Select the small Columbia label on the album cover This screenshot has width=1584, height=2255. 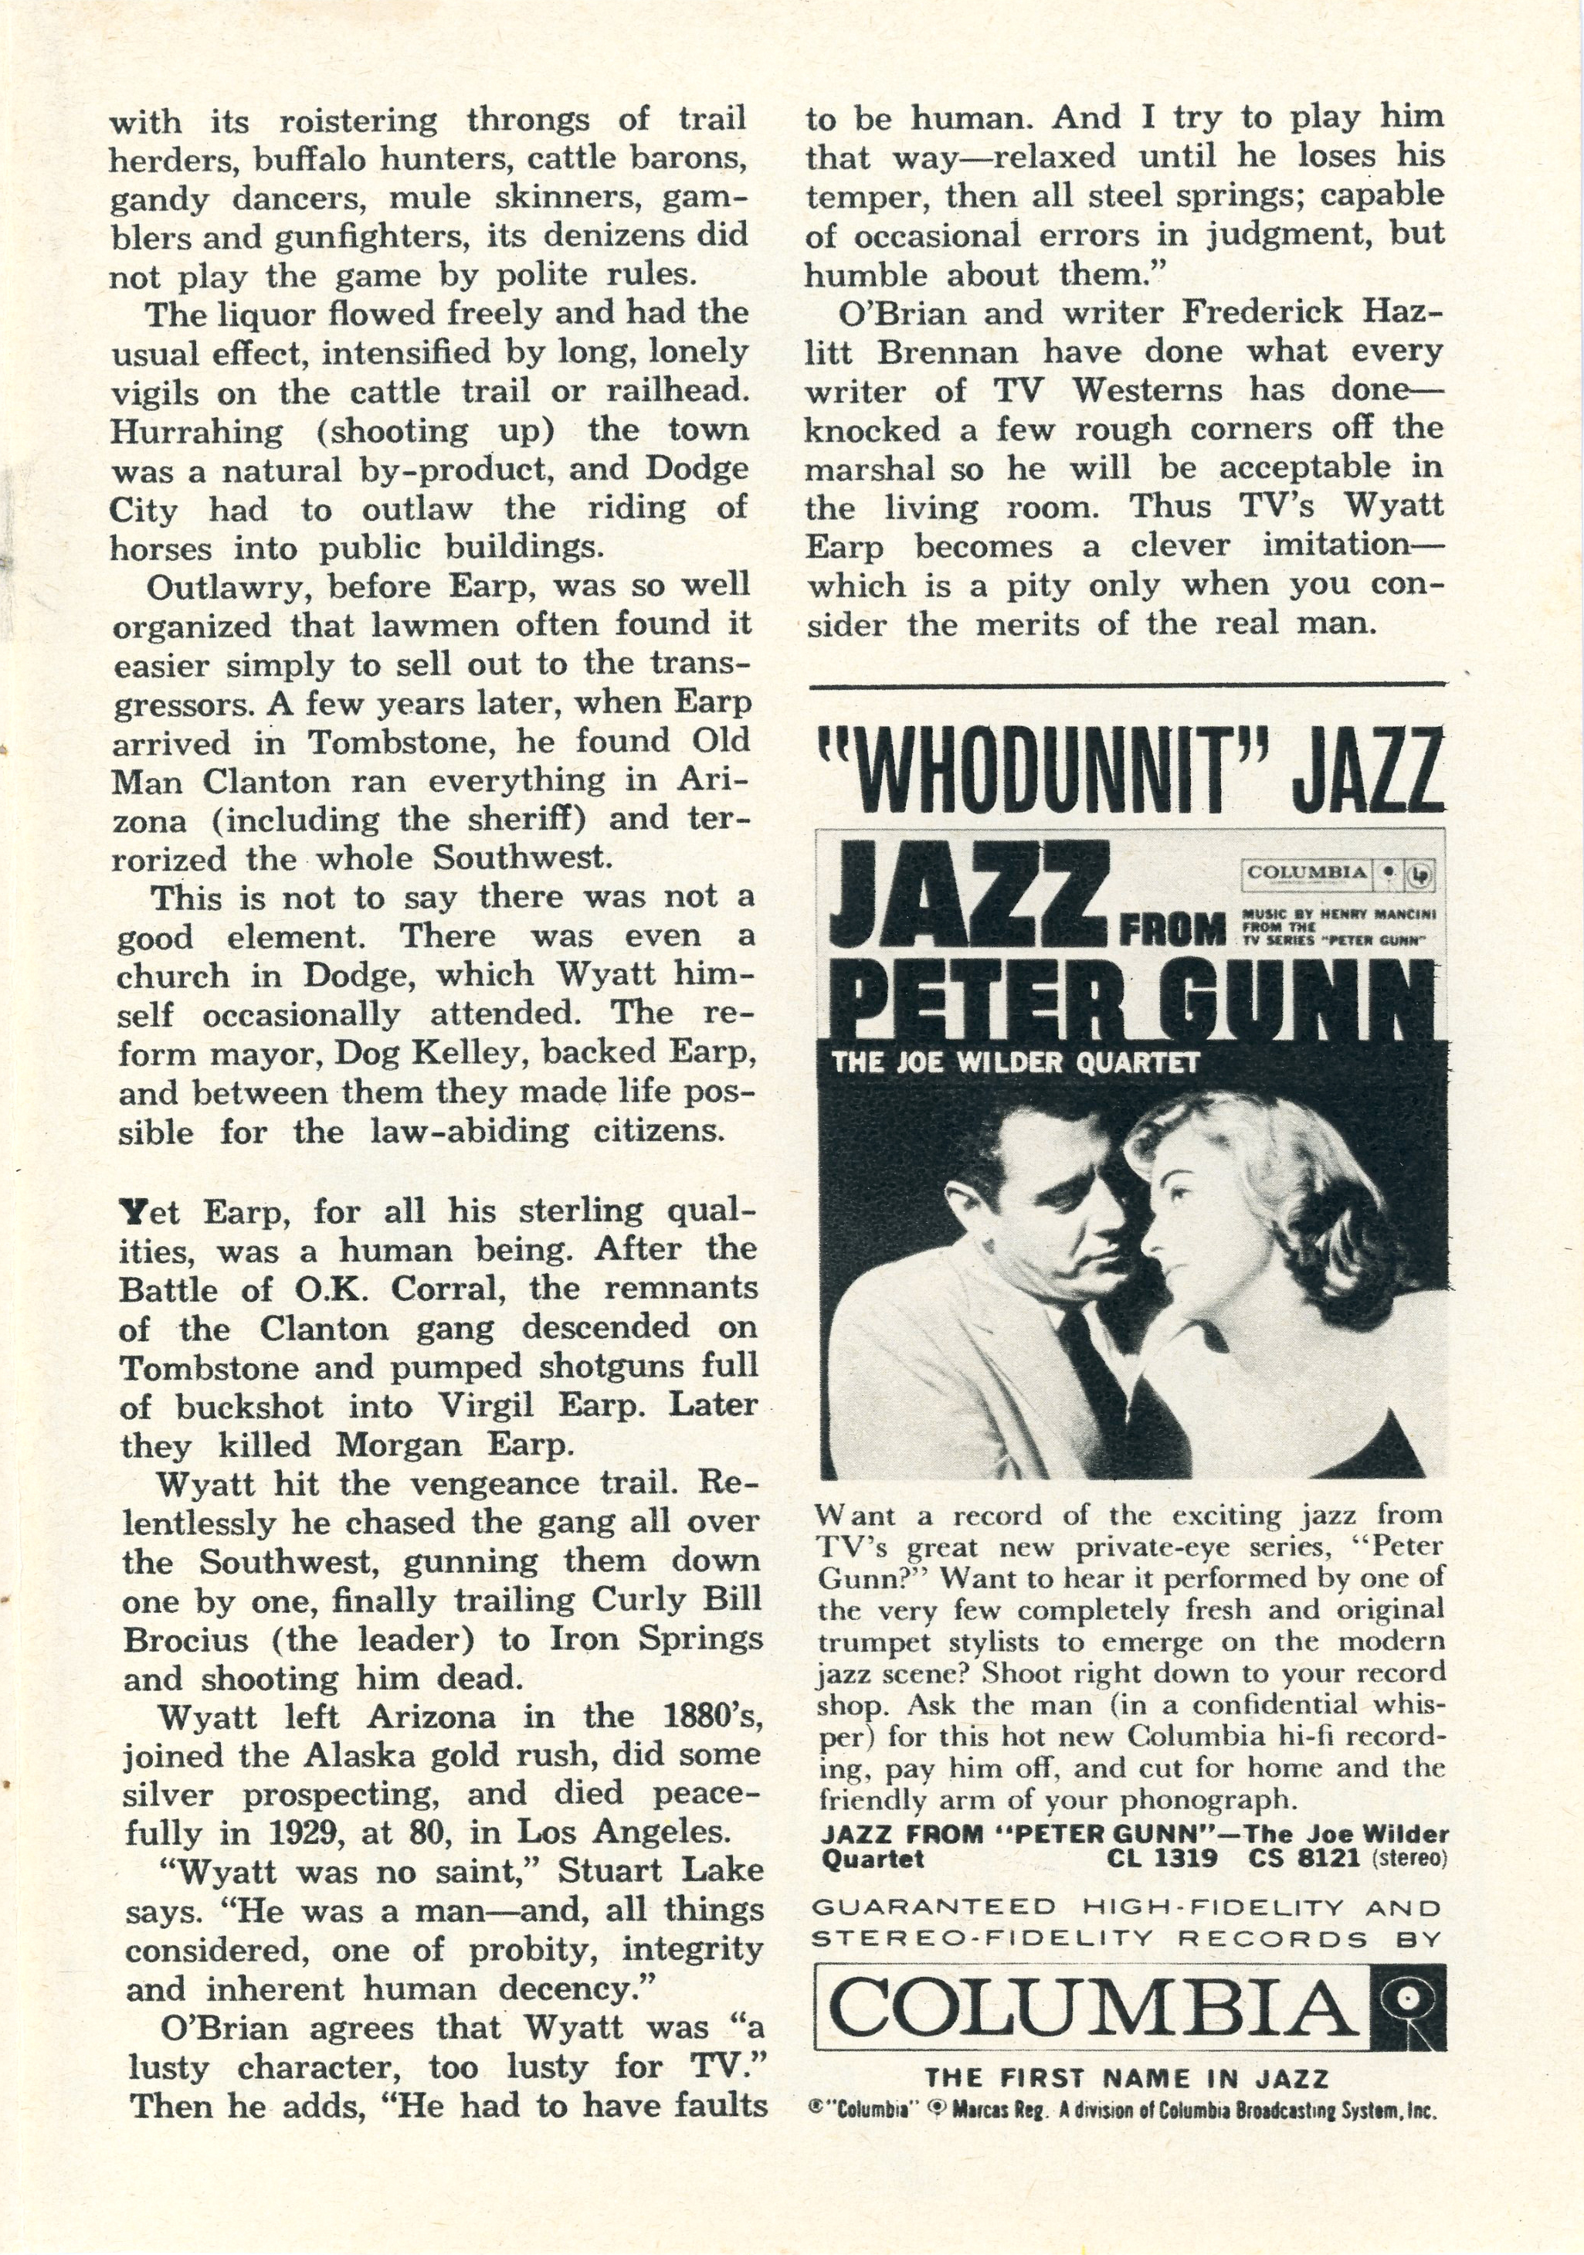pos(1335,873)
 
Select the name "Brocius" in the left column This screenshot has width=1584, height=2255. pos(185,1640)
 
